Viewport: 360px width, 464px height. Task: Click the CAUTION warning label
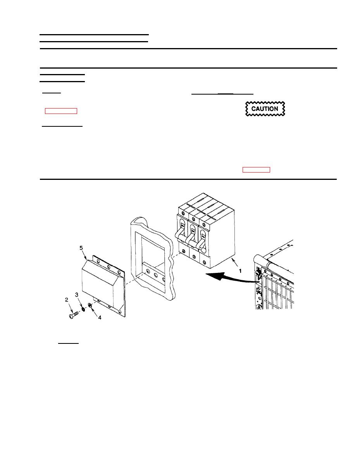(265, 109)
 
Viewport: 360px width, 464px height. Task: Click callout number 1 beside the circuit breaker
(240, 271)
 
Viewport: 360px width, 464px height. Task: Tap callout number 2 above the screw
(67, 300)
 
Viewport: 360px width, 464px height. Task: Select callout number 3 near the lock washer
(77, 295)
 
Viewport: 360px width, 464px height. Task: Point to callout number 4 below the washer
(100, 317)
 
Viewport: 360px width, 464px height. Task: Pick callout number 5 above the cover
(81, 248)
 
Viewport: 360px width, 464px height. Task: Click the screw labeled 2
(74, 315)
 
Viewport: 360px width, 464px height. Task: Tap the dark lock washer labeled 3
(83, 309)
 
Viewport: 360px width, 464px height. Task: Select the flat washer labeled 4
(90, 305)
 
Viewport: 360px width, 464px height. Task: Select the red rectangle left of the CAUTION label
(61, 111)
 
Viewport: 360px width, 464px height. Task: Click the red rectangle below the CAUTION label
(256, 169)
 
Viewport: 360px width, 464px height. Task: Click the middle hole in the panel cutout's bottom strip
(156, 275)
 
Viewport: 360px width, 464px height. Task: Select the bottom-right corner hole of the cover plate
(119, 312)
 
